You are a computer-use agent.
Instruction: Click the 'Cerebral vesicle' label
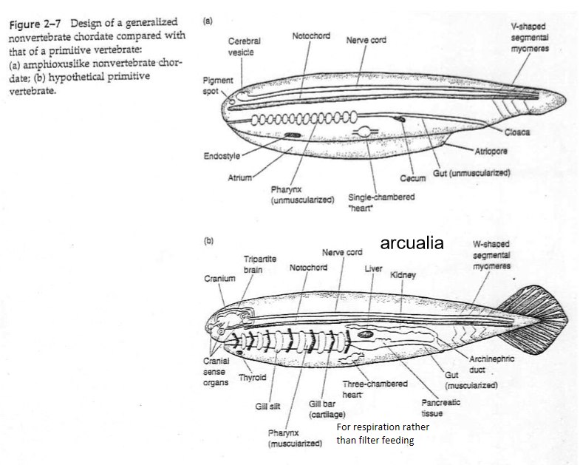[244, 47]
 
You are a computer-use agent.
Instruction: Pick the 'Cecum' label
[412, 178]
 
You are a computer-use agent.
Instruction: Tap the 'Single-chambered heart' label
[381, 202]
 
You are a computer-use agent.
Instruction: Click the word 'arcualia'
[412, 243]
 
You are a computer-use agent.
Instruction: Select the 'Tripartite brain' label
[259, 265]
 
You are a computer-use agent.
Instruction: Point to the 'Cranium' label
[219, 279]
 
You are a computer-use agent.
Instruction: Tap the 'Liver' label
[373, 268]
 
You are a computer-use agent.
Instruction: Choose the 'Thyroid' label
[253, 378]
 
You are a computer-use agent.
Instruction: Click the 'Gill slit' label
[267, 406]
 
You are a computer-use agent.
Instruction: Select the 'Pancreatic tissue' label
[440, 408]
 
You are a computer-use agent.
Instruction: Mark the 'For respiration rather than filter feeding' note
[382, 434]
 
